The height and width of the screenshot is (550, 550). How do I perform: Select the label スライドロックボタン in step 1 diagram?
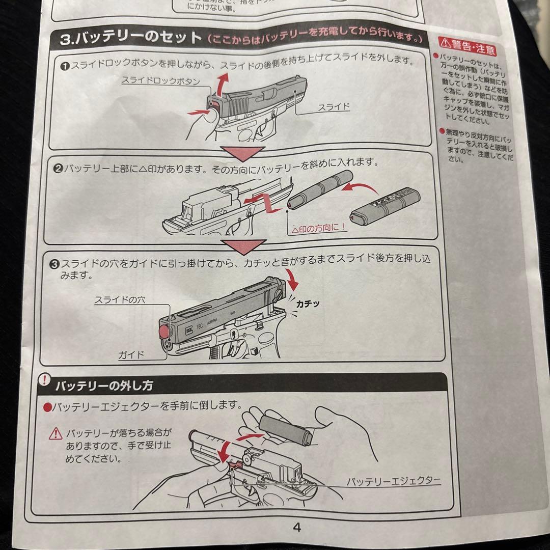tap(160, 81)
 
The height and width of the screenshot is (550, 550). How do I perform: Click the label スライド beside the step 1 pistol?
tap(334, 107)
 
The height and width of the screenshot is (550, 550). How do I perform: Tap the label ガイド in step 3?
tap(131, 354)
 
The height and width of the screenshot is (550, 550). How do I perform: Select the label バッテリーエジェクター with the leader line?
tap(393, 480)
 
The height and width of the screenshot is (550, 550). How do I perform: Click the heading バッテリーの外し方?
tap(104, 386)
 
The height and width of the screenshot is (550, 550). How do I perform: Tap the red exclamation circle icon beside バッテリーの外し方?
tap(45, 380)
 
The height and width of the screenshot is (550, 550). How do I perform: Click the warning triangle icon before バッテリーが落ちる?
tap(55, 434)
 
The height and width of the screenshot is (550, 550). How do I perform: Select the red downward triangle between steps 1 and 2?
tap(242, 153)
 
